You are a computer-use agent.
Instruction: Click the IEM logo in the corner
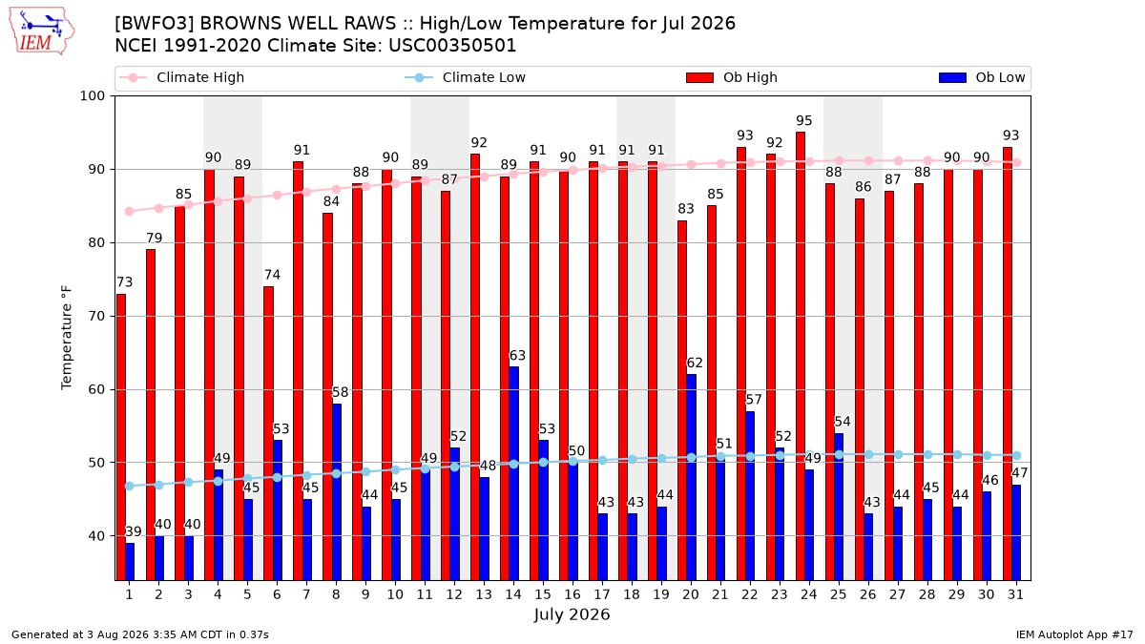(x=42, y=31)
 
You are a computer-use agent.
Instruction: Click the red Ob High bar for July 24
(x=801, y=356)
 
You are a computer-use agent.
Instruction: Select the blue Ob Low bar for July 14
(x=513, y=473)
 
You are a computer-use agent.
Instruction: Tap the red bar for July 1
(x=120, y=437)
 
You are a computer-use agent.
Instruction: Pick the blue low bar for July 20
(x=691, y=477)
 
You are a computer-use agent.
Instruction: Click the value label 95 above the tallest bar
(x=803, y=120)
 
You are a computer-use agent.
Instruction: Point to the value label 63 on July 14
(x=517, y=355)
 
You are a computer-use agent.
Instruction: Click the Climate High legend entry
(x=182, y=77)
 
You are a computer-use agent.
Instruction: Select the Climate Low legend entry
(x=466, y=77)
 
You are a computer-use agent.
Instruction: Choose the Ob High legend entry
(x=732, y=77)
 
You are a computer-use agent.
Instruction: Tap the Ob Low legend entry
(x=982, y=77)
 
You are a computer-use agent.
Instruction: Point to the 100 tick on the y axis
(x=92, y=96)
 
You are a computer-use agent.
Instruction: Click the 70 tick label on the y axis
(x=96, y=317)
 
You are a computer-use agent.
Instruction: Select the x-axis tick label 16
(x=572, y=594)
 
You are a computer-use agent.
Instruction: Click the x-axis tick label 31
(x=1015, y=594)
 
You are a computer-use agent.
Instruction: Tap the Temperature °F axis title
(x=67, y=338)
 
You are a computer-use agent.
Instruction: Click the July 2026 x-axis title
(x=572, y=614)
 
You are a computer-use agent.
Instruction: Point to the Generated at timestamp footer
(x=140, y=634)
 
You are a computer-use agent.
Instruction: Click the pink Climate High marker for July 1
(x=130, y=211)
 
